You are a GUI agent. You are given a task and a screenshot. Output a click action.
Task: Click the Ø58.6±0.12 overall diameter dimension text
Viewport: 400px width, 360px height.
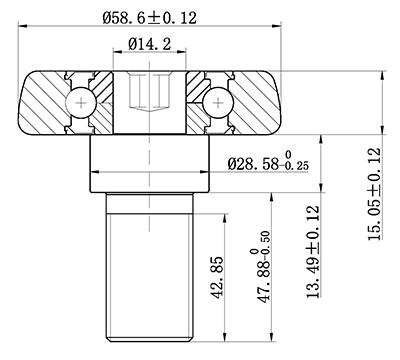(x=155, y=16)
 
